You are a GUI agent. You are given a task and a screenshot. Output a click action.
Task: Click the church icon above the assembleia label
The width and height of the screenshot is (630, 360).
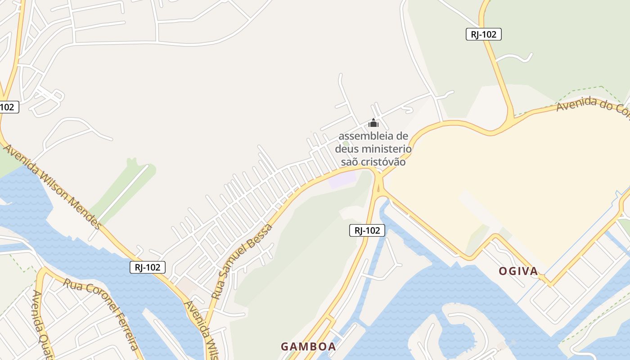click(x=373, y=123)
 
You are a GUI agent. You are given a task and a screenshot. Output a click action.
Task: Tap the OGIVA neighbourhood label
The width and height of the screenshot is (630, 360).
click(x=518, y=271)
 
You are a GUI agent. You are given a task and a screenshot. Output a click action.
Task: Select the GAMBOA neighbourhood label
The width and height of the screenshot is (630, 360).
click(x=308, y=346)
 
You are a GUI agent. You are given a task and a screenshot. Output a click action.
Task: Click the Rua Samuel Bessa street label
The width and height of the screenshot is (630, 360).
click(x=242, y=261)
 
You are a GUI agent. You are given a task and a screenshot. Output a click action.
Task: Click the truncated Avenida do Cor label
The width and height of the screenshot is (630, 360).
click(x=592, y=108)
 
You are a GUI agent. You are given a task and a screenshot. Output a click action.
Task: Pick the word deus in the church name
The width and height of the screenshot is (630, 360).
click(x=347, y=148)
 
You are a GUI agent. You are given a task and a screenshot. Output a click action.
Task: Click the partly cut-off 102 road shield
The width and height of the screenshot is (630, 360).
click(x=8, y=107)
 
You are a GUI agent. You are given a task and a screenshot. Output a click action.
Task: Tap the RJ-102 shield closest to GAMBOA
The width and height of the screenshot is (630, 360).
click(x=367, y=230)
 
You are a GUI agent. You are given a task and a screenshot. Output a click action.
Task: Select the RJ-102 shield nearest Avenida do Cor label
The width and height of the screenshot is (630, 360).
click(x=483, y=34)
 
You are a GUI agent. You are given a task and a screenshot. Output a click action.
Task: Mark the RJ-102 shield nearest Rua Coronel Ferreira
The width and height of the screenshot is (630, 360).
click(x=148, y=267)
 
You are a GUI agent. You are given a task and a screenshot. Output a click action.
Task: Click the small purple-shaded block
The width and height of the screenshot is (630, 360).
click(x=342, y=180)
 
